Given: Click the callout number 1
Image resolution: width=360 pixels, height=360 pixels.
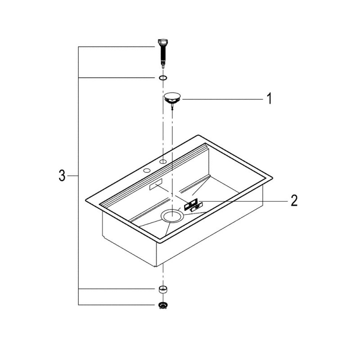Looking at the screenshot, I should coord(269,99).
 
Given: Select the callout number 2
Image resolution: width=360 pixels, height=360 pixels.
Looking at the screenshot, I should coord(294,200).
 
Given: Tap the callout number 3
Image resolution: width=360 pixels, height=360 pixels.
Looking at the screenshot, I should coord(62,175).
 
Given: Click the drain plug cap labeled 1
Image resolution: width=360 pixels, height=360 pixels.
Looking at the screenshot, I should coord(172,96).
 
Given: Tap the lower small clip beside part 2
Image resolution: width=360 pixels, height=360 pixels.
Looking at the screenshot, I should coord(195,208).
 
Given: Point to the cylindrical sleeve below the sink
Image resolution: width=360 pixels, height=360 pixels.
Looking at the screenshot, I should coord(163,288).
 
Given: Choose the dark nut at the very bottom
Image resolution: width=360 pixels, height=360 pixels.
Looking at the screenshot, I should coord(163,305).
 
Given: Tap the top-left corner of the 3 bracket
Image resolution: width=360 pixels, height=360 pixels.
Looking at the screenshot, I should coord(78,46).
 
